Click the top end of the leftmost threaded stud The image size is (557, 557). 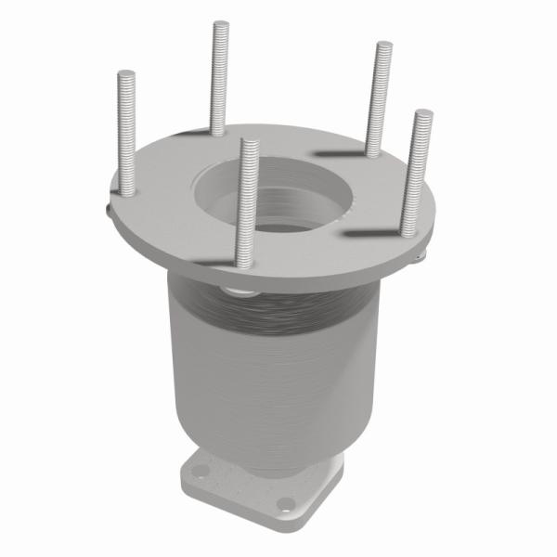click(x=126, y=73)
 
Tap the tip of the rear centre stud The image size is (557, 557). click(x=220, y=24)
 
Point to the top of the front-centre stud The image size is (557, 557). click(x=247, y=143)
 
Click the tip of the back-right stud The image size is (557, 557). click(x=382, y=45)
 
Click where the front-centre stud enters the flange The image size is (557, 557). click(x=243, y=263)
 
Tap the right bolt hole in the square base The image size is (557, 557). click(x=286, y=504)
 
